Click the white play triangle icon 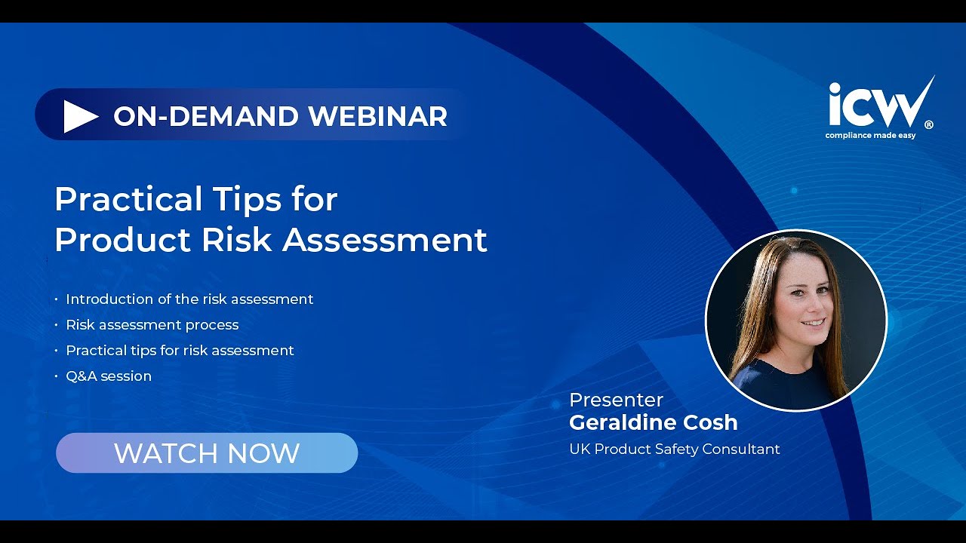[80, 116]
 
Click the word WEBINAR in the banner [377, 116]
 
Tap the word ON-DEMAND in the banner [206, 116]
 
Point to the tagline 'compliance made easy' [870, 136]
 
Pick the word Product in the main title [122, 240]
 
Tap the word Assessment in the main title [385, 240]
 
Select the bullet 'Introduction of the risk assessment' [189, 299]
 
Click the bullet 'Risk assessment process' [152, 325]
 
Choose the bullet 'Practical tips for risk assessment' [180, 351]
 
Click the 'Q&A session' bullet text [109, 376]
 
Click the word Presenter [616, 400]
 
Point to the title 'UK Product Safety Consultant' [674, 449]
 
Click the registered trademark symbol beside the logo [928, 126]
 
